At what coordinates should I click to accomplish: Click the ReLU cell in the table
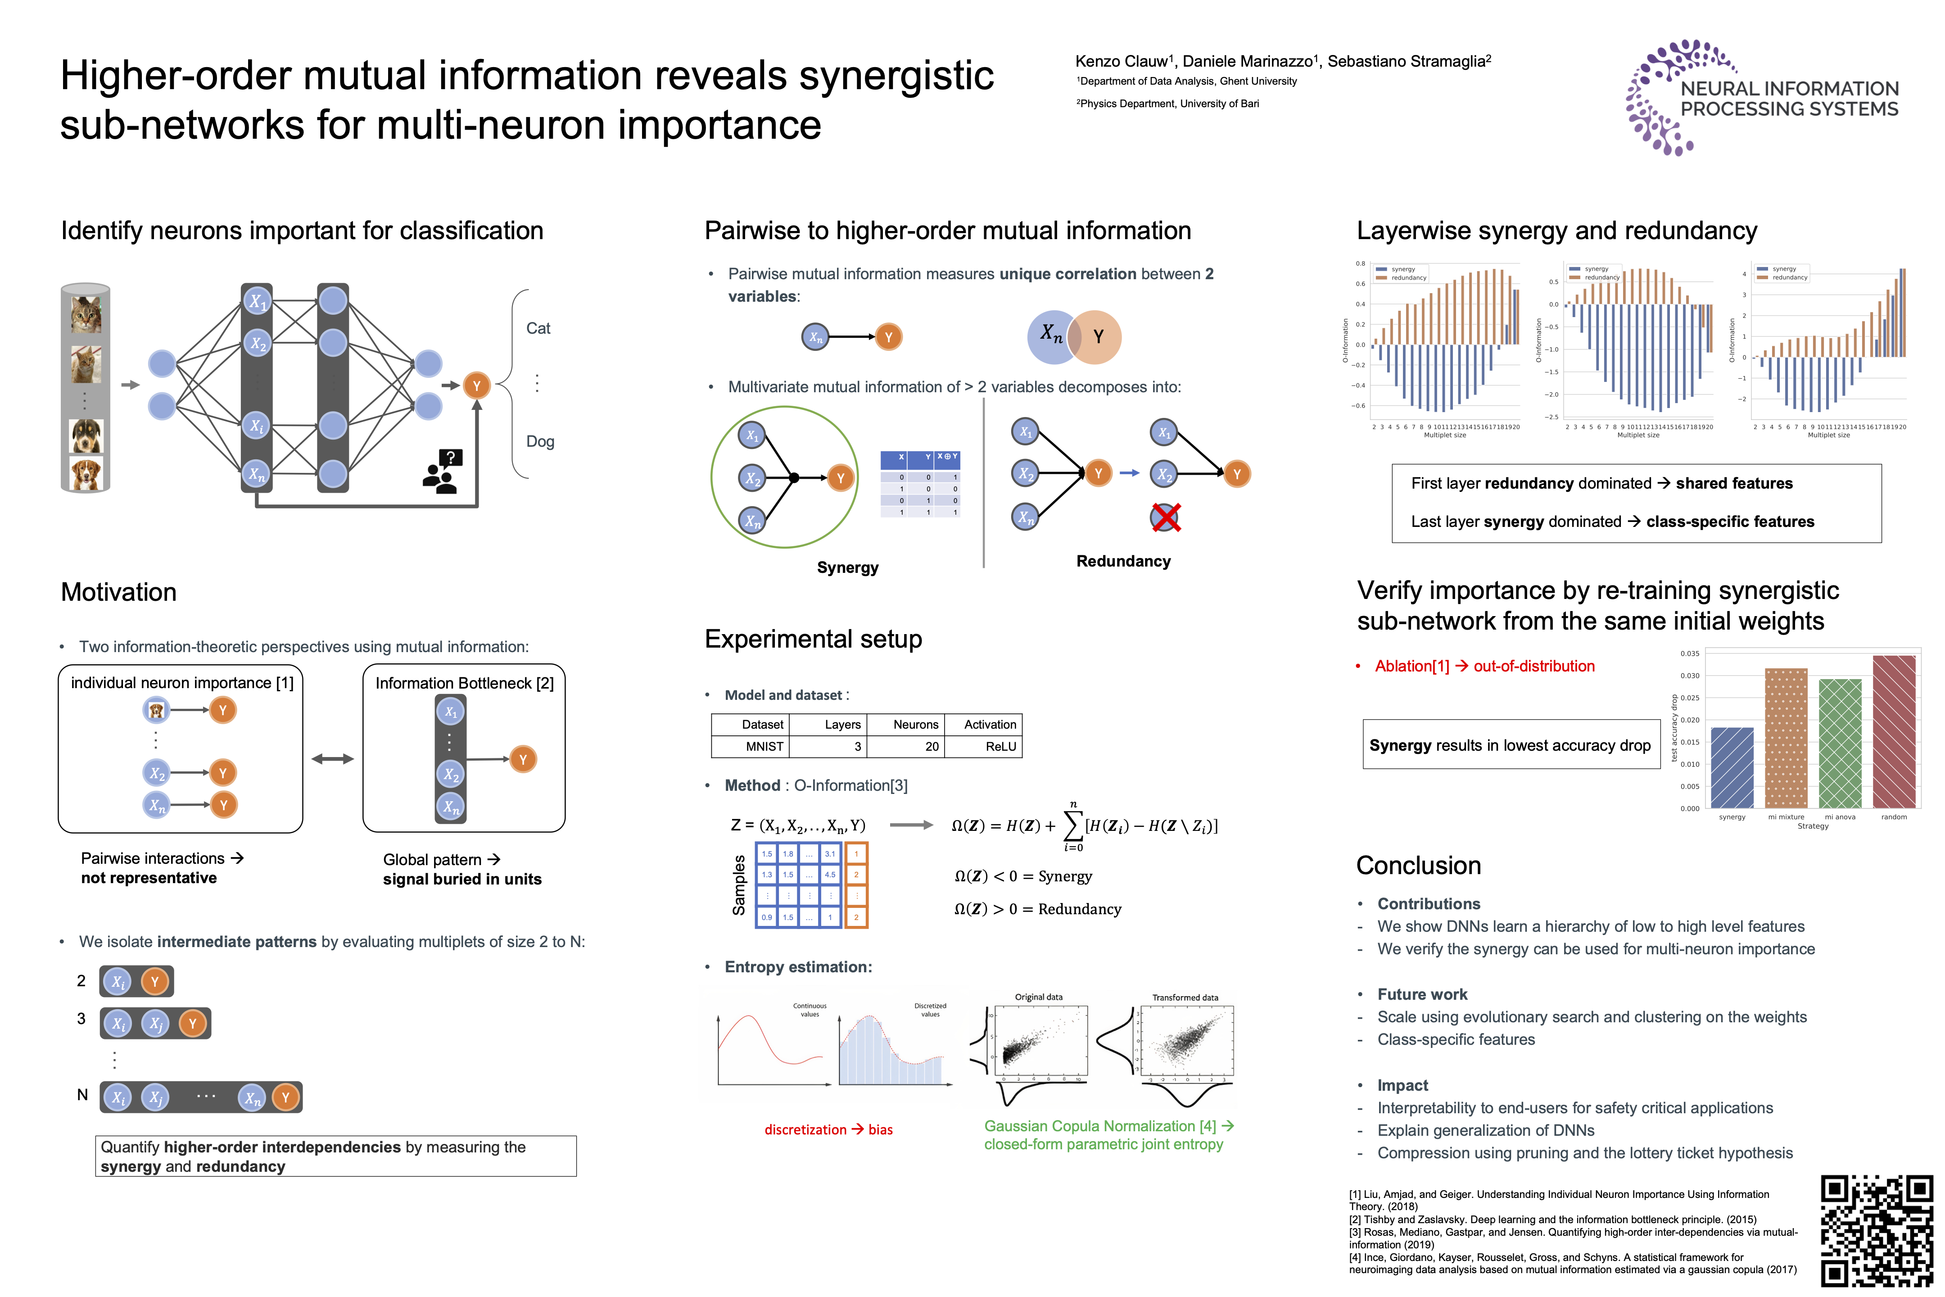pyautogui.click(x=1000, y=746)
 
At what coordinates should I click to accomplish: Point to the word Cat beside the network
pyautogui.click(x=538, y=328)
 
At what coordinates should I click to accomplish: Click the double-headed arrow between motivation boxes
pyautogui.click(x=332, y=758)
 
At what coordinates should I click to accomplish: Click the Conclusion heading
pyautogui.click(x=1418, y=865)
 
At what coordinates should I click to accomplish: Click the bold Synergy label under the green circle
pyautogui.click(x=848, y=567)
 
